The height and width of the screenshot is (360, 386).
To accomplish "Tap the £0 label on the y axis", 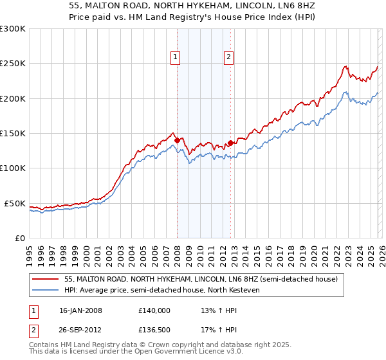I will click(x=20, y=238).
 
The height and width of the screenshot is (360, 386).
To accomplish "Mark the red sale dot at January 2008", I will click(x=178, y=140).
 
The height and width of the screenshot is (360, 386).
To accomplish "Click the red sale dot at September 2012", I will click(x=231, y=143).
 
